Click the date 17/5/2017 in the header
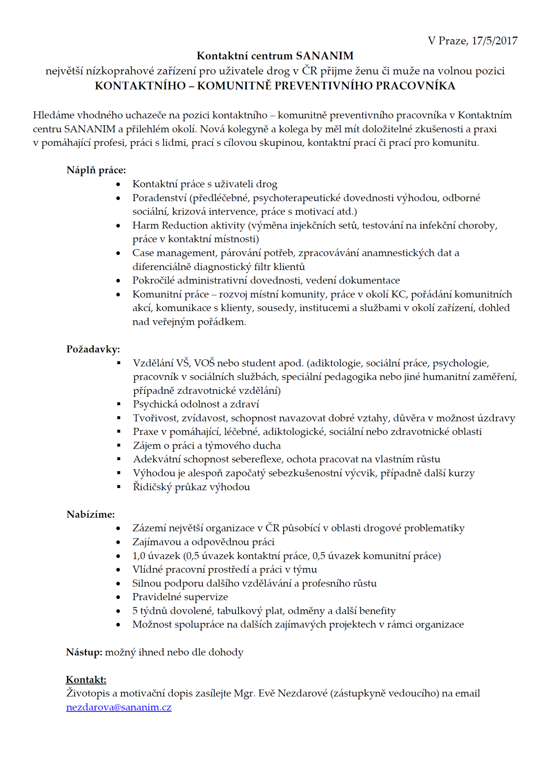pos(494,41)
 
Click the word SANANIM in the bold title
pos(325,56)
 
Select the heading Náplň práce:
pos(96,170)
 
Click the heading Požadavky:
pos(93,349)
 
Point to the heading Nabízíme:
pos(91,515)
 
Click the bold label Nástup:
pos(84,652)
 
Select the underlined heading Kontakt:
pos(86,679)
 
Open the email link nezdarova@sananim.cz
pos(119,707)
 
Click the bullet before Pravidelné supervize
pos(118,597)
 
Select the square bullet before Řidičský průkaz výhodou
pos(119,487)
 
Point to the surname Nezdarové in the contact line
pos(303,693)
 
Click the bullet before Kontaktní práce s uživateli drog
pos(118,184)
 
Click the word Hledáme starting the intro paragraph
pos(54,115)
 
